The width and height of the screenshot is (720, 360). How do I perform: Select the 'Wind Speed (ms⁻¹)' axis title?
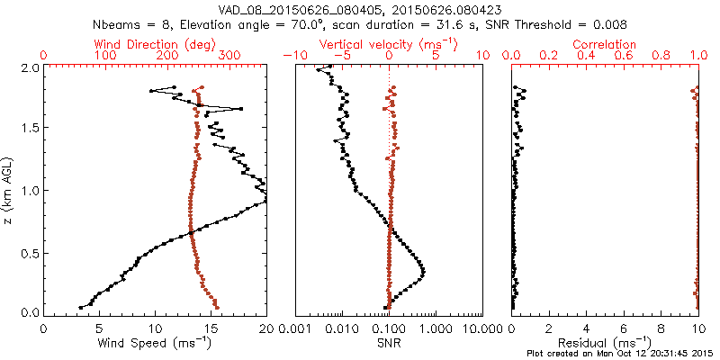pyautogui.click(x=156, y=344)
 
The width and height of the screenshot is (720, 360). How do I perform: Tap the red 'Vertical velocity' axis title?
pyautogui.click(x=389, y=44)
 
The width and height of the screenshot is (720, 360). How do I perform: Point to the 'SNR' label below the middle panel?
pyautogui.click(x=389, y=343)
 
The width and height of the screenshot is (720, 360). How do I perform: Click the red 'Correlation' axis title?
pyautogui.click(x=606, y=44)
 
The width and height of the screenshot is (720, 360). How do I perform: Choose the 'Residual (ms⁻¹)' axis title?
pyautogui.click(x=605, y=344)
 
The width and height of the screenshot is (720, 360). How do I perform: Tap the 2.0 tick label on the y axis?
pyautogui.click(x=29, y=67)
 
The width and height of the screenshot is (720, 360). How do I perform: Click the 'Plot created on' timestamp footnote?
pyautogui.click(x=620, y=353)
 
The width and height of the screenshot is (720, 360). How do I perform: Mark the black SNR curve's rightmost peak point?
pyautogui.click(x=423, y=273)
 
